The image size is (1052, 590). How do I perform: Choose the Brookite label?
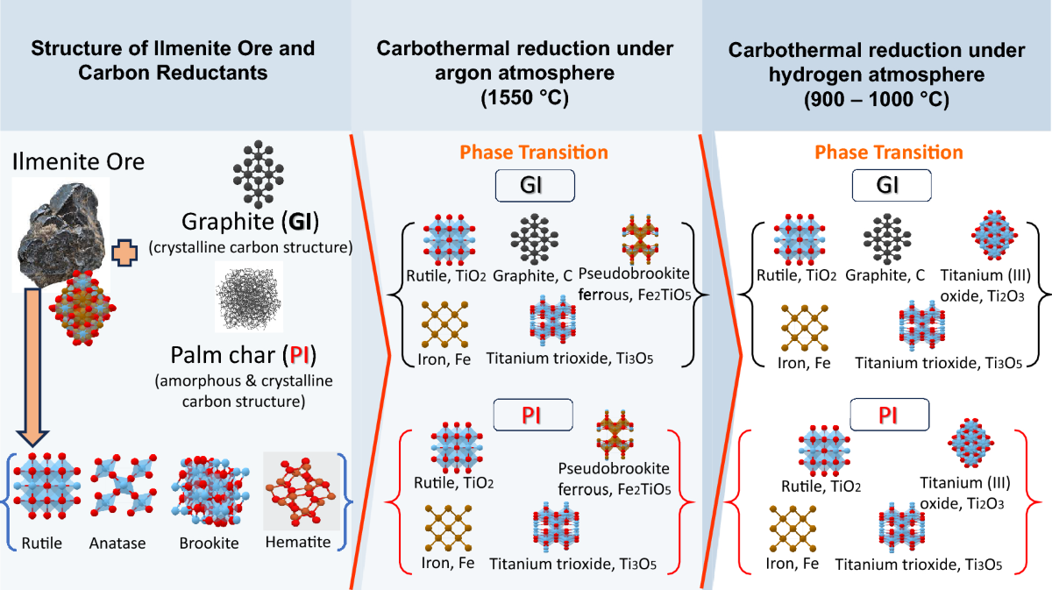tap(209, 544)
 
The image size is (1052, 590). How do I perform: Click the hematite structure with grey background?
tap(301, 491)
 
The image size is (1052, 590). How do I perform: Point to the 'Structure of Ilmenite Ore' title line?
tap(174, 50)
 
